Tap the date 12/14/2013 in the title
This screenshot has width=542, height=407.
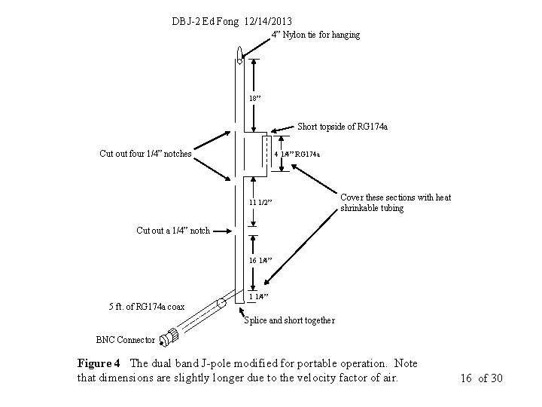[263, 21]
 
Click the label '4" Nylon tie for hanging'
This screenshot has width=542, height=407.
[315, 35]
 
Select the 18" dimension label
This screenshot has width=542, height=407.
[256, 98]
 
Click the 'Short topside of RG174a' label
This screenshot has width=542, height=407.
[343, 127]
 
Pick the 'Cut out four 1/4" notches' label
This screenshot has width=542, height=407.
[145, 154]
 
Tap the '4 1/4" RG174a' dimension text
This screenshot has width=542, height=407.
[297, 155]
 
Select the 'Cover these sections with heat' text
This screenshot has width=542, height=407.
[396, 197]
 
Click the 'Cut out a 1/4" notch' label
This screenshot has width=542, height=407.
[173, 230]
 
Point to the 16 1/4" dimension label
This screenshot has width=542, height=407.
[260, 260]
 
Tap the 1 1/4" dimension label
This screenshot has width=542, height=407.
[260, 296]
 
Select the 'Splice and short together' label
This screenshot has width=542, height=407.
[290, 320]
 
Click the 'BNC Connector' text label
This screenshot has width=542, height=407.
[126, 339]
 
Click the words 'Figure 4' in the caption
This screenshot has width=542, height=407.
[99, 363]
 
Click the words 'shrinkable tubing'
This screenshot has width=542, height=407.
[372, 208]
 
